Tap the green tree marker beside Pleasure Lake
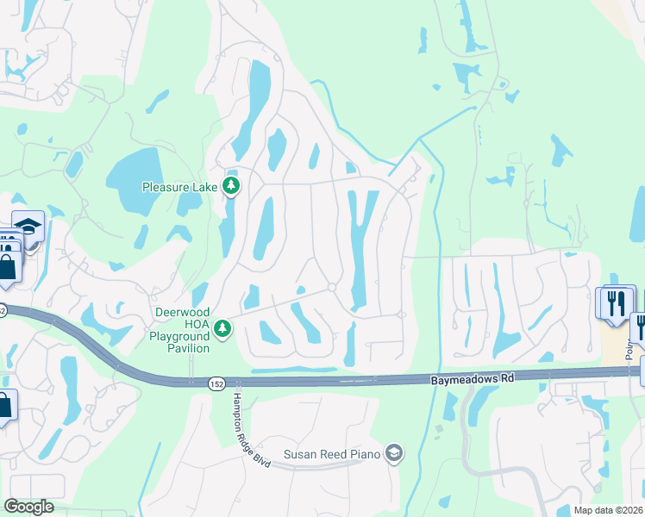tap(231, 185)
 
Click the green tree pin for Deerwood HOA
tap(222, 328)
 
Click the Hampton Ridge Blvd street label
tap(250, 431)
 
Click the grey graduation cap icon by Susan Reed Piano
tap(394, 453)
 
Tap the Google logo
tap(28, 507)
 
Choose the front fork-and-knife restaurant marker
tap(617, 306)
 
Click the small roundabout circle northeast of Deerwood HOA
tap(331, 287)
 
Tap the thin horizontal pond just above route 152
tap(283, 370)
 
